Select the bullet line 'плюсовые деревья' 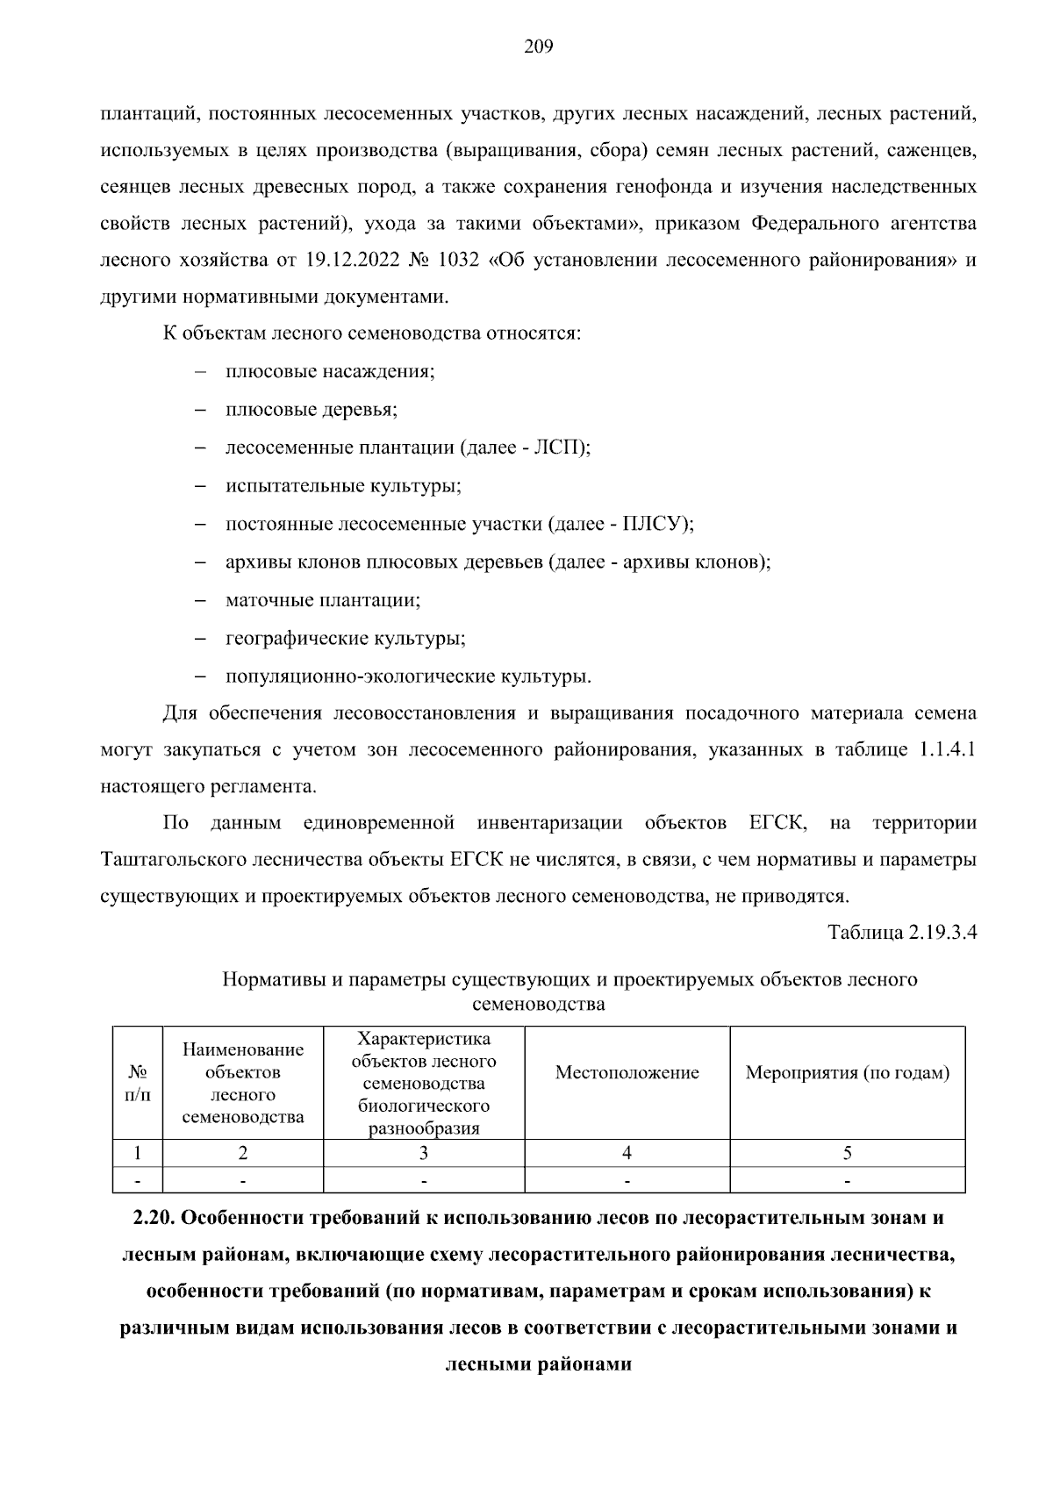312,410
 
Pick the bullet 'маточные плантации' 323,600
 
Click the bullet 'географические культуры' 345,639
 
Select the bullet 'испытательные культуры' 343,486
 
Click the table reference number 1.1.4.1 947,750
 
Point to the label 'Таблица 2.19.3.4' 902,932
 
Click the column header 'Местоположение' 627,1073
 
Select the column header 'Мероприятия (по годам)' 847,1073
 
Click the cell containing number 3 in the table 423,1153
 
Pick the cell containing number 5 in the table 847,1153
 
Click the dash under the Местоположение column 627,1181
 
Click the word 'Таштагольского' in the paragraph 173,860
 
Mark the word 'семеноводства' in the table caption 538,1004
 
